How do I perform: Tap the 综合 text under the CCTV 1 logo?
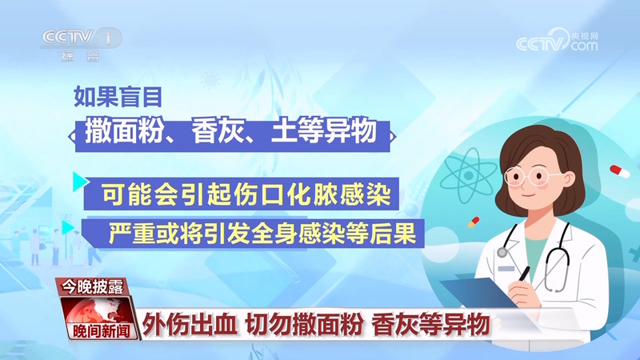click(81, 57)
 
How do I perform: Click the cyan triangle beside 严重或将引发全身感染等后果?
click(80, 227)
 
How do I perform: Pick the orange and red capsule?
click(473, 222)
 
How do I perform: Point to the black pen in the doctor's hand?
click(524, 272)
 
